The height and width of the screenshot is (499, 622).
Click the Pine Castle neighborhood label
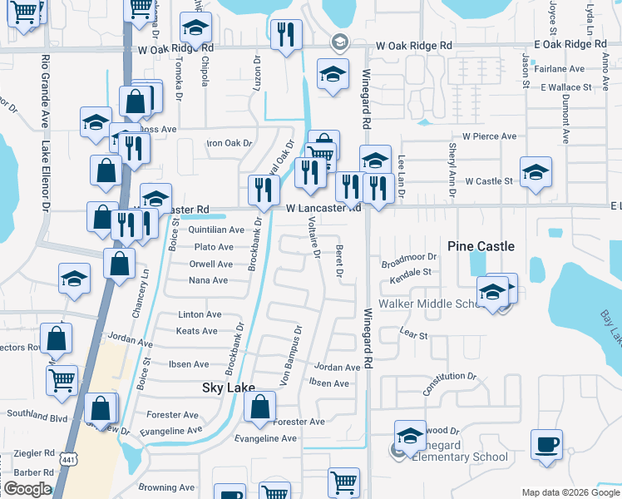click(481, 246)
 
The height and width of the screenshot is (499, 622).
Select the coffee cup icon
click(546, 445)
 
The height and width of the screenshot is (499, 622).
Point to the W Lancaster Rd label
click(324, 208)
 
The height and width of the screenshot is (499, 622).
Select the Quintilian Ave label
click(216, 230)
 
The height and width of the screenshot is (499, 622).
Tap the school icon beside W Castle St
click(536, 174)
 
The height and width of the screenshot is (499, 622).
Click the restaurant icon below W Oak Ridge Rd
click(285, 35)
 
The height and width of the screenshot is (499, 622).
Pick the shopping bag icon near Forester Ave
click(260, 408)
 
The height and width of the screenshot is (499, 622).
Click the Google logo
click(27, 489)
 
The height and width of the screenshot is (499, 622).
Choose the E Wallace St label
click(565, 86)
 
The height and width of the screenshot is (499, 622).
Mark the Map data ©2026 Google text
click(570, 492)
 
